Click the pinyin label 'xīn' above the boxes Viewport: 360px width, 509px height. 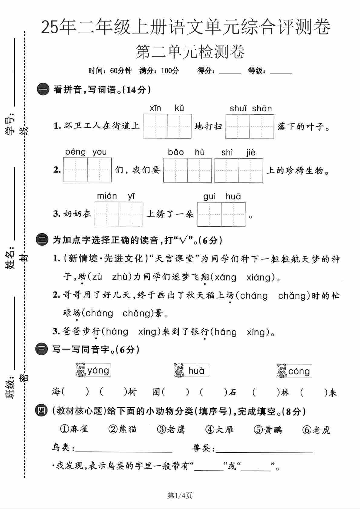coord(155,108)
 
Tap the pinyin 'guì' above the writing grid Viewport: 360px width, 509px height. coord(209,197)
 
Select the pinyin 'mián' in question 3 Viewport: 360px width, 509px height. coord(107,196)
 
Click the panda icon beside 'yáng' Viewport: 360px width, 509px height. coord(81,370)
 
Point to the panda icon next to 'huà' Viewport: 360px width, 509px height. coord(179,370)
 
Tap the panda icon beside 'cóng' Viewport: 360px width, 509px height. coord(282,371)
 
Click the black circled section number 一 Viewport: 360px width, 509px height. coord(43,90)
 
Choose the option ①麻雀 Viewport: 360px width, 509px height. coord(74,429)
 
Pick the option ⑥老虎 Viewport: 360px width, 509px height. coord(316,430)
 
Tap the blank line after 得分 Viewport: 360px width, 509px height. coord(230,73)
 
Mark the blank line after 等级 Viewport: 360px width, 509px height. coord(280,73)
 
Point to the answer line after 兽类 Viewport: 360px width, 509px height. coord(264,451)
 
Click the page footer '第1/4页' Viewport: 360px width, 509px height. coord(180,495)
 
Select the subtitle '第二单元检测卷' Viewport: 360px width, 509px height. coord(190,52)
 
